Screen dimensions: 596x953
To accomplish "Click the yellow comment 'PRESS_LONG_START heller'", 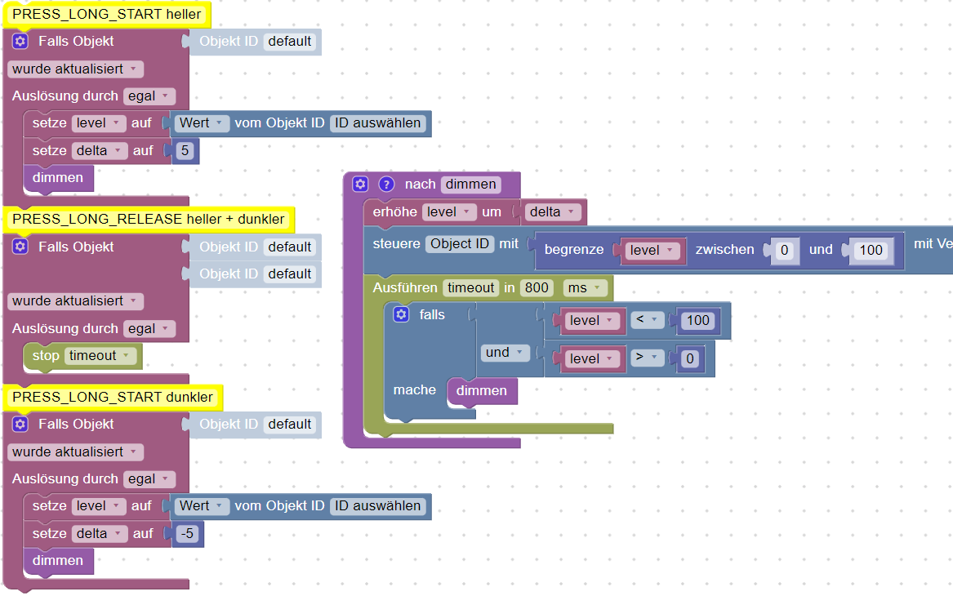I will coord(107,14).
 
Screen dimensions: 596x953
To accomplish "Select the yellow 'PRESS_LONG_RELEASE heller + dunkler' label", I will coord(149,219).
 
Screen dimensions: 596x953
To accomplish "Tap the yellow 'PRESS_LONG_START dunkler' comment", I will coord(113,398).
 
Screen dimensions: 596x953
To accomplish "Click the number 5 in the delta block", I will coord(185,150).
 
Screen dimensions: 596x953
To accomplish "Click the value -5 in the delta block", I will coord(187,533).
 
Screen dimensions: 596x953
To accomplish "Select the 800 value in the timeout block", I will coord(537,287).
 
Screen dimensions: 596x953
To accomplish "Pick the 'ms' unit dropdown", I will coord(586,287).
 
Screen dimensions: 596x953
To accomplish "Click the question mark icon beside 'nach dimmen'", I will coord(387,185).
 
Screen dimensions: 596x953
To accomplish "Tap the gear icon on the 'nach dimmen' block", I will coord(360,185).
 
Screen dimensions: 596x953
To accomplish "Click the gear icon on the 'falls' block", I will coord(401,314).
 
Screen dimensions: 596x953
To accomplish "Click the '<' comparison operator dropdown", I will coord(646,320).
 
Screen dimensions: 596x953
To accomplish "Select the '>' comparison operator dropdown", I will coord(646,358).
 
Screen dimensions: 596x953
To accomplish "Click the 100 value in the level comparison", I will coord(697,320).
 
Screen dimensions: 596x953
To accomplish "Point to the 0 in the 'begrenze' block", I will coord(784,250).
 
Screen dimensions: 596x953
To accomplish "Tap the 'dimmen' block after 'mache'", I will coord(482,391).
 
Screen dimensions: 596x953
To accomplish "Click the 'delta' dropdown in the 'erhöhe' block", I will coord(551,212).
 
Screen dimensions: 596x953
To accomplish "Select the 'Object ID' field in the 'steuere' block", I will coord(460,243).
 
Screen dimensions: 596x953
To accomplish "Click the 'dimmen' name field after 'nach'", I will coord(470,185).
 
